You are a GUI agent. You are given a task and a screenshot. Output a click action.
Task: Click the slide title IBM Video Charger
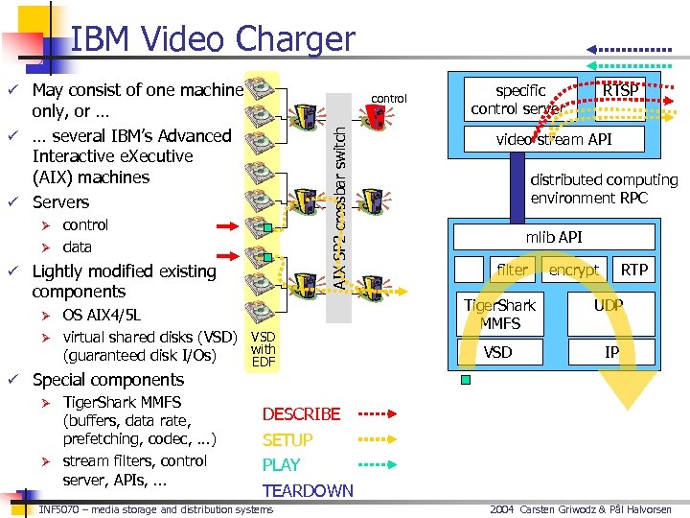click(213, 39)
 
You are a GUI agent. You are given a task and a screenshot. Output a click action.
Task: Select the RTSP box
click(620, 90)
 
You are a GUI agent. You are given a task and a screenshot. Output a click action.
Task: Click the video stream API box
click(554, 140)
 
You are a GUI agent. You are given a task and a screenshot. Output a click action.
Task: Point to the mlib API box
click(554, 237)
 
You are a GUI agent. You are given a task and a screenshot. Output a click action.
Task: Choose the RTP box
click(634, 270)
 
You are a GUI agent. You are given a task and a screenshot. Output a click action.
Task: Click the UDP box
click(608, 306)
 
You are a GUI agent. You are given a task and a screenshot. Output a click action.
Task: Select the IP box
click(611, 352)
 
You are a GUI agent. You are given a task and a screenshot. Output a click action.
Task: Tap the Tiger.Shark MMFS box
click(499, 314)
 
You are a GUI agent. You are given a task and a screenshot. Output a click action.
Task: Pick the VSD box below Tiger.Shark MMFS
click(497, 352)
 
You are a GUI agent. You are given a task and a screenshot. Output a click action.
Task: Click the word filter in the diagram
click(512, 270)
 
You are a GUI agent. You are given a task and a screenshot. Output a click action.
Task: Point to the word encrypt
click(573, 271)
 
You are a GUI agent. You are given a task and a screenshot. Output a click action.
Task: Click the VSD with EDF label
click(264, 349)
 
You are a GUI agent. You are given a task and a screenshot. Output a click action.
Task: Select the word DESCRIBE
click(301, 414)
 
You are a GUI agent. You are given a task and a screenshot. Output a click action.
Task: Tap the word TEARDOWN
click(308, 491)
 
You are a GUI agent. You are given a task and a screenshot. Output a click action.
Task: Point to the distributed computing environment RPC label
click(604, 189)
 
